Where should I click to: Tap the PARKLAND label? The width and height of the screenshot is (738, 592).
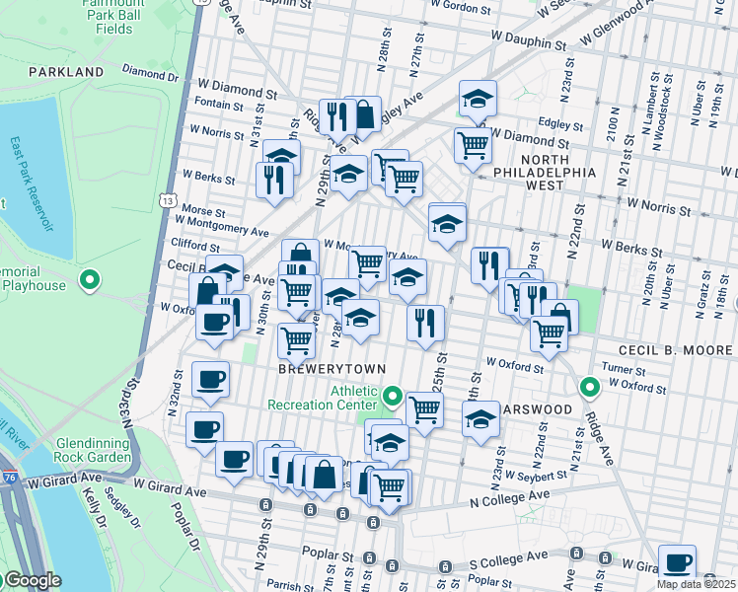(66, 72)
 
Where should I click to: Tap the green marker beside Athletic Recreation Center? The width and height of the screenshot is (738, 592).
(393, 398)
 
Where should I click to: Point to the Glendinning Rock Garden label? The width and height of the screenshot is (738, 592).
(94, 450)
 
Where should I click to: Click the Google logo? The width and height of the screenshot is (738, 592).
(33, 580)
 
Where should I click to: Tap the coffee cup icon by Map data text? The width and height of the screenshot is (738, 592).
(677, 561)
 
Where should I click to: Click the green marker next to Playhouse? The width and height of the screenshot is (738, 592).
(90, 281)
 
